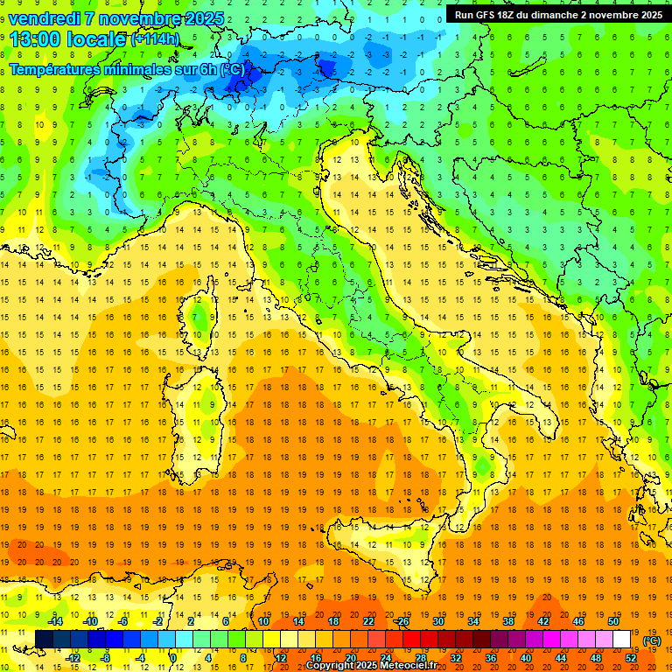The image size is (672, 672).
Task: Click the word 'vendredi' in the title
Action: (43, 18)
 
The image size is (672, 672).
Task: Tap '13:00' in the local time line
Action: (34, 39)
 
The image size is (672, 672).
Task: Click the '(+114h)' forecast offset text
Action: (155, 39)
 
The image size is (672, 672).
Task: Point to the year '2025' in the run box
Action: (646, 15)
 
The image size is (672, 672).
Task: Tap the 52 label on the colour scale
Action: (631, 657)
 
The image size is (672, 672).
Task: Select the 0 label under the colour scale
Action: (173, 657)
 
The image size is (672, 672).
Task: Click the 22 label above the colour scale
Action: (368, 621)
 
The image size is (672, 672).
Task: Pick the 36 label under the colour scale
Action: (490, 657)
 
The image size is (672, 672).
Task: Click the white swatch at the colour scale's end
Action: (622, 640)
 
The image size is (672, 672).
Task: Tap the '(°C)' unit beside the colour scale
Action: (651, 640)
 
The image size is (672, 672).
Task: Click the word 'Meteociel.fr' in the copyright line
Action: (415, 665)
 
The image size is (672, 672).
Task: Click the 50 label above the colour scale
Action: (612, 621)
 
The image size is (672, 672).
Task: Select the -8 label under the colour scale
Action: (106, 657)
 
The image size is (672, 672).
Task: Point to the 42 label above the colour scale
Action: (542, 621)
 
